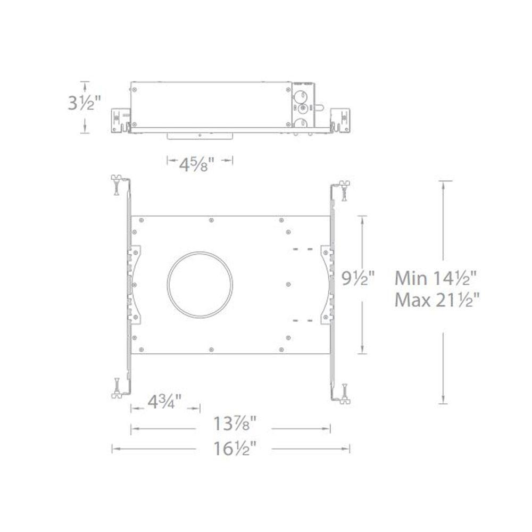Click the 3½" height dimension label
[x=85, y=103]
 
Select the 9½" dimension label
[x=358, y=278]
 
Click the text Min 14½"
[x=436, y=278]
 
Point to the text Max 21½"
[x=437, y=300]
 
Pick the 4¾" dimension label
[x=164, y=402]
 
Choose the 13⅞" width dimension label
[x=235, y=423]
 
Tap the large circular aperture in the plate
[x=200, y=252]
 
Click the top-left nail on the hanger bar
[x=117, y=185]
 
